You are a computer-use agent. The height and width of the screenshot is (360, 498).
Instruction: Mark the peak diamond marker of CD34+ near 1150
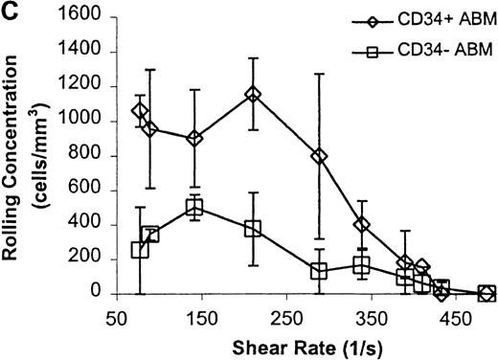(253, 95)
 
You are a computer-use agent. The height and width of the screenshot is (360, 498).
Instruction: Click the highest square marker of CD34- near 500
(194, 208)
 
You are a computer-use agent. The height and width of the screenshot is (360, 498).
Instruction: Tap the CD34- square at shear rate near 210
(253, 228)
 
